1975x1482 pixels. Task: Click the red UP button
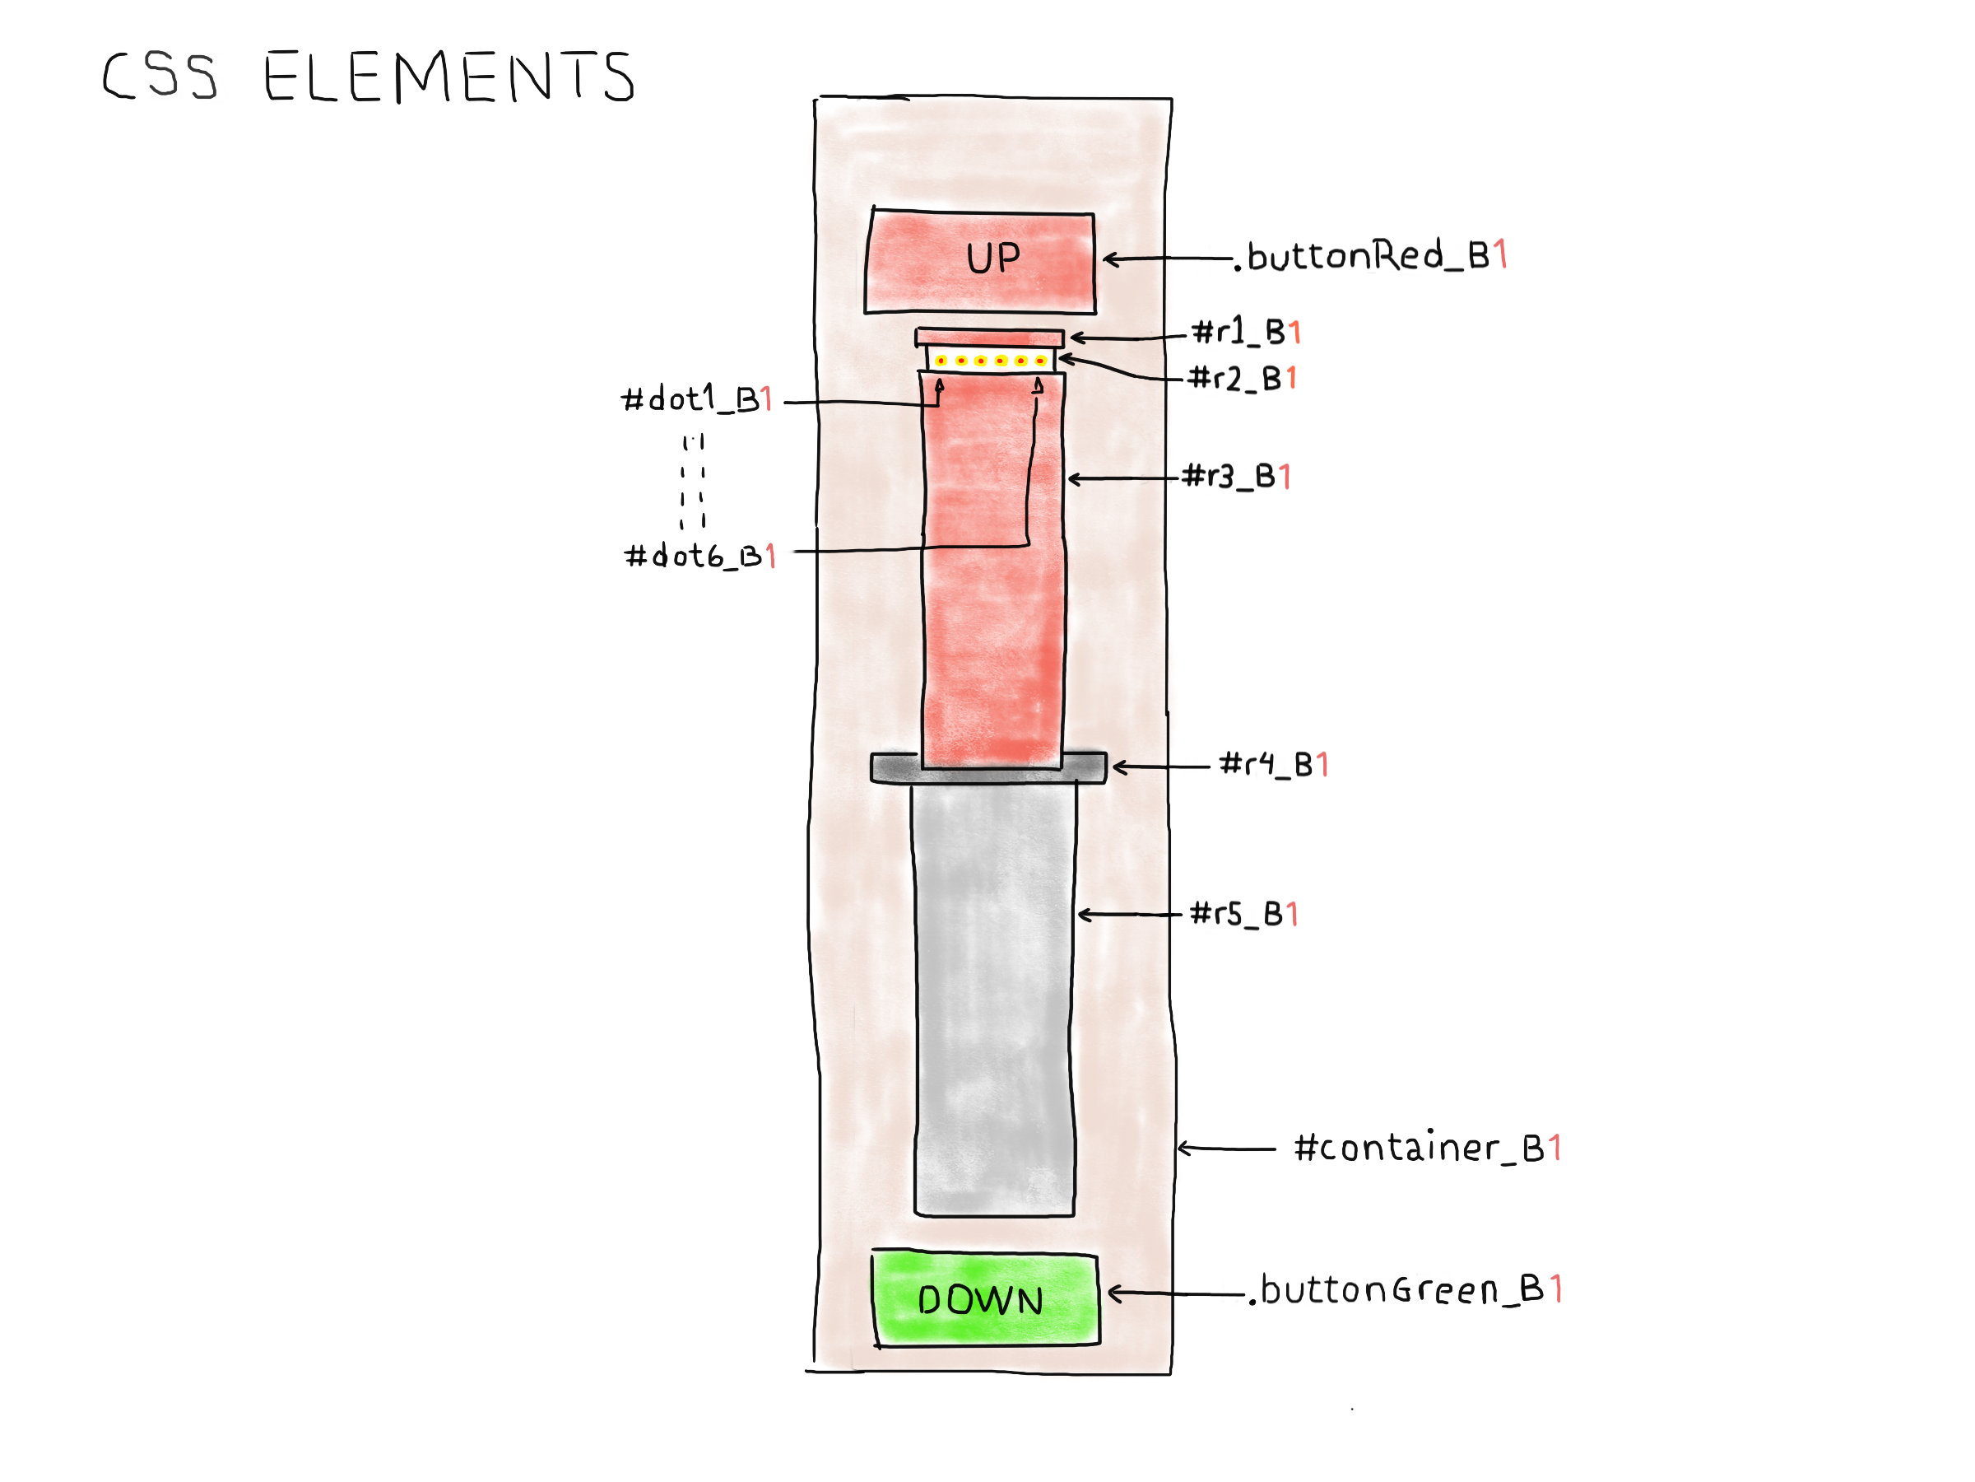coord(980,262)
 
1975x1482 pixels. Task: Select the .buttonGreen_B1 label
coord(1408,1290)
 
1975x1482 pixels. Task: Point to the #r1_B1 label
coord(1248,333)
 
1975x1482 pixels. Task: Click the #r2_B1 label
coord(1243,379)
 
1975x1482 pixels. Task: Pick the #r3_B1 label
coord(1237,476)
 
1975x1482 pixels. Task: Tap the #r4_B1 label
coord(1274,765)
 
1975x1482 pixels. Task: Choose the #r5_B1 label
coord(1243,914)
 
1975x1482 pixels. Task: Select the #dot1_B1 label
coord(696,399)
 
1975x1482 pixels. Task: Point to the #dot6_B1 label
coord(699,557)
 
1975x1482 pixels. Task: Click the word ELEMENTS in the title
coord(449,77)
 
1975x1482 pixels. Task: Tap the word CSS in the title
coord(159,76)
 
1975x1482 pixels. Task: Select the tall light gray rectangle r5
coord(994,996)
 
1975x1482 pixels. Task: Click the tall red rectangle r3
coord(992,571)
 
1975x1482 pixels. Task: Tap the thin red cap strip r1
coord(989,337)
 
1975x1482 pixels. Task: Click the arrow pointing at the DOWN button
coord(1174,1293)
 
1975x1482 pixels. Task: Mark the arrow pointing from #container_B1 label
coord(1225,1149)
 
